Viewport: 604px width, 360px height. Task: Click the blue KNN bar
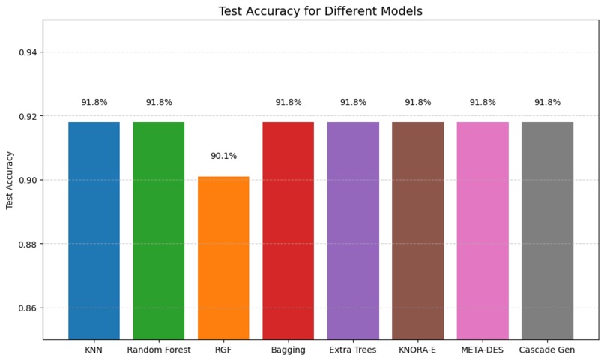tap(94, 230)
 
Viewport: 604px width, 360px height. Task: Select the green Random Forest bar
tap(159, 230)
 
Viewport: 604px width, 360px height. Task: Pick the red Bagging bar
tap(288, 230)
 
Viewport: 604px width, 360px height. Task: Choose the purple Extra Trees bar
tap(353, 230)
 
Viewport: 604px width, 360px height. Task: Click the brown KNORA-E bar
tap(417, 230)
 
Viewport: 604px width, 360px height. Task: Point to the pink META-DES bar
tap(483, 230)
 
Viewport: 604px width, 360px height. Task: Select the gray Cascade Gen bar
tap(547, 230)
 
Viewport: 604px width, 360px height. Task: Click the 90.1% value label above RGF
tap(223, 156)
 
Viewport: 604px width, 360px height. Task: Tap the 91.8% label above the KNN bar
tap(94, 102)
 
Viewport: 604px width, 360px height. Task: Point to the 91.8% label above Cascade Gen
tap(547, 102)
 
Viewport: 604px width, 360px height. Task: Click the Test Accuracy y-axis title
tap(10, 180)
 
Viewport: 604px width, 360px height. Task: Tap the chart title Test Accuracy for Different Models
tap(320, 11)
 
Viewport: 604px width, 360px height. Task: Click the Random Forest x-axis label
tap(159, 349)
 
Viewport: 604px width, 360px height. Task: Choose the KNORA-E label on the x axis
tap(417, 349)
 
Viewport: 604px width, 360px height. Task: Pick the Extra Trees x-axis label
tap(353, 349)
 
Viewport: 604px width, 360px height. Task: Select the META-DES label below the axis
tap(483, 349)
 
